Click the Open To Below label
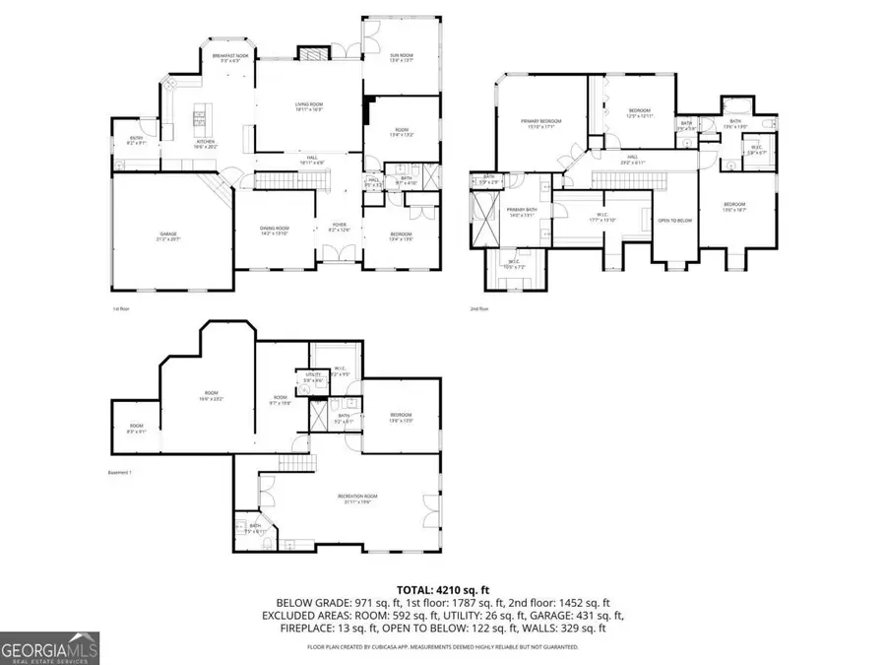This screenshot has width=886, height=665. point(675,221)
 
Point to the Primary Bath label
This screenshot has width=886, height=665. point(521,212)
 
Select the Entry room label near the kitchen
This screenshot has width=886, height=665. point(137,140)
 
